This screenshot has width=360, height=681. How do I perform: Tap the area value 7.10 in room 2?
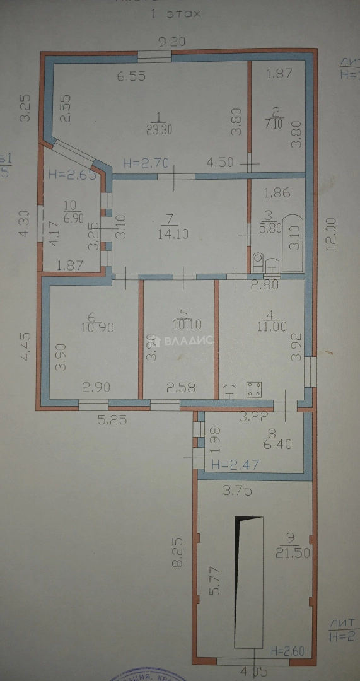[276, 125]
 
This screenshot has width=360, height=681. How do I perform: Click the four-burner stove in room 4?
[255, 390]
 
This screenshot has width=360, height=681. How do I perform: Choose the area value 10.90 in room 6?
[96, 328]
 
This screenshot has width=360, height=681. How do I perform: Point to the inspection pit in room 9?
[248, 582]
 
